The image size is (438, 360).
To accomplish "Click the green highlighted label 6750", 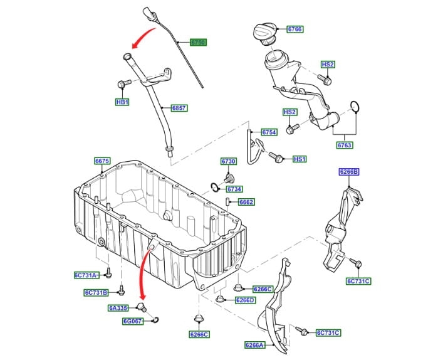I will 197,43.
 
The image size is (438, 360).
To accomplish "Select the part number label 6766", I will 295,29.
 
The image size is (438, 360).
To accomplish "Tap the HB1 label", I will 122,102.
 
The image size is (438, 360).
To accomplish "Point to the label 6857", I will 179,108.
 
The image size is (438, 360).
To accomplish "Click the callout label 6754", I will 269,132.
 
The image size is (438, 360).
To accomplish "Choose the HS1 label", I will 300,159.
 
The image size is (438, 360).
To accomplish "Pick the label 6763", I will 345,146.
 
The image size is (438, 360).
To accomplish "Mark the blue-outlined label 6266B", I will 349,171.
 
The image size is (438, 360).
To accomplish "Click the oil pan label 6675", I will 102,161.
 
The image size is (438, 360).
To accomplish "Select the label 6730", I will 229,162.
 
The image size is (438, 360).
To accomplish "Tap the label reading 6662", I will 246,202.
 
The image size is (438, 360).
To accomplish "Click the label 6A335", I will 117,308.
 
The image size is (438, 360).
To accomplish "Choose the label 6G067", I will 133,321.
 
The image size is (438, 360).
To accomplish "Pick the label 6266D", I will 245,300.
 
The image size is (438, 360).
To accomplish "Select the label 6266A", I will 254,345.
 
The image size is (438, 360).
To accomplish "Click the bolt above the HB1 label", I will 123,83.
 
